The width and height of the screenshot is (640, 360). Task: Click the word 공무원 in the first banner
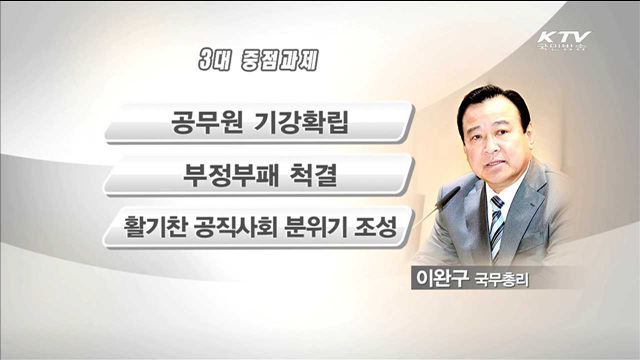pos(206,126)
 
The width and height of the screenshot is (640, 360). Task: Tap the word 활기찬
pos(159,229)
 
